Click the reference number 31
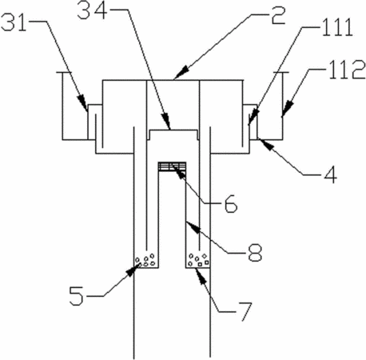(x=14, y=22)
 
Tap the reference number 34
(x=93, y=10)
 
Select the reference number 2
(x=278, y=16)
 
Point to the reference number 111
(x=338, y=28)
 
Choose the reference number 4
(x=330, y=174)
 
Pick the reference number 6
(x=231, y=204)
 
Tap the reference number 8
(x=255, y=252)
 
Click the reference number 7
(x=244, y=311)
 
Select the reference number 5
(x=76, y=295)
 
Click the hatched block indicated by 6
(x=172, y=166)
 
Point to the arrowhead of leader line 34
(x=166, y=121)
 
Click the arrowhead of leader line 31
(x=82, y=102)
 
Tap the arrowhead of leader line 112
(x=287, y=109)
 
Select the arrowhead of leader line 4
(x=267, y=144)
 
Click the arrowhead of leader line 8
(x=193, y=227)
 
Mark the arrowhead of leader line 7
(x=201, y=276)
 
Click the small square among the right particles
(x=200, y=265)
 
